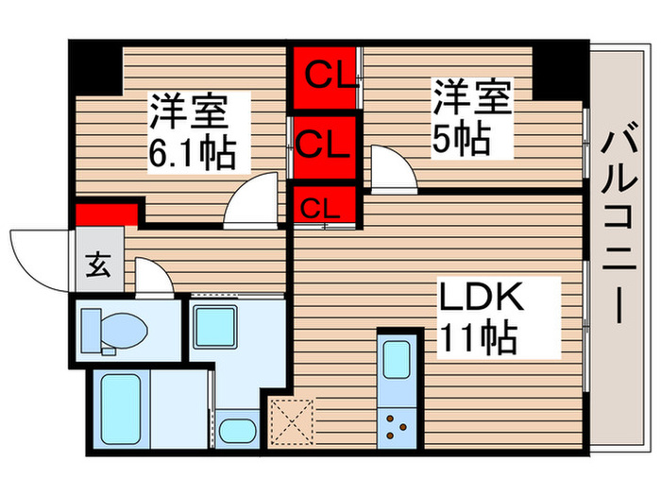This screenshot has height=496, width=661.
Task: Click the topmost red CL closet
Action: [x=324, y=77]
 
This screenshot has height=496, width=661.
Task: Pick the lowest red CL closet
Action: [x=324, y=206]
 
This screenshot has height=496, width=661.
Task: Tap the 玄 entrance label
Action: [x=98, y=265]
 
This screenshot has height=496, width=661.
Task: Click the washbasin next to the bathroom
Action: [x=234, y=431]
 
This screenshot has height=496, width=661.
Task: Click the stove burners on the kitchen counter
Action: [x=397, y=425]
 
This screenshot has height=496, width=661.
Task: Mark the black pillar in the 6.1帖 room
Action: [x=97, y=65]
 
